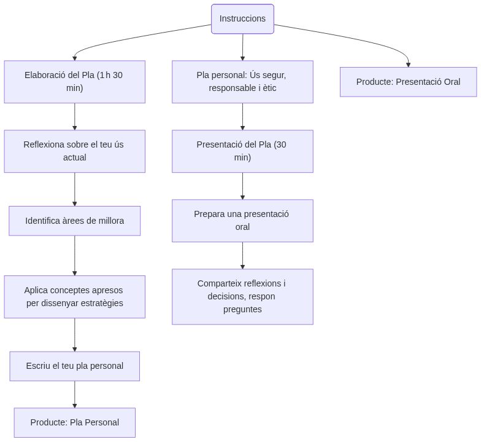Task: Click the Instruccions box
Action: (x=242, y=19)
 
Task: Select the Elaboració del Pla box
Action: (x=74, y=82)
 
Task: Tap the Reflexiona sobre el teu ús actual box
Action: (x=74, y=151)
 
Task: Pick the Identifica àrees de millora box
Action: (x=74, y=221)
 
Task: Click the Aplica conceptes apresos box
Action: (x=74, y=297)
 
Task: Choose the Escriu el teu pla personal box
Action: (x=74, y=366)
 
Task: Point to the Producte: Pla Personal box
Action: (x=74, y=422)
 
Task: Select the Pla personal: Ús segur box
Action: (x=242, y=82)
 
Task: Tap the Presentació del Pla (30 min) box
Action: (x=242, y=151)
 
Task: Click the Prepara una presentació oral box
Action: (x=242, y=221)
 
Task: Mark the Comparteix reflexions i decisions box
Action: (x=242, y=297)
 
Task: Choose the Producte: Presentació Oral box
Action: (x=408, y=82)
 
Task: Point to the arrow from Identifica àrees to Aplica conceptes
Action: (x=75, y=255)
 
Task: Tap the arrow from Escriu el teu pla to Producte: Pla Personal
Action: (x=75, y=394)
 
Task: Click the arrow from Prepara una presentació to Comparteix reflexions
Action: (x=242, y=255)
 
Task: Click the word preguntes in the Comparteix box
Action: (x=242, y=309)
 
